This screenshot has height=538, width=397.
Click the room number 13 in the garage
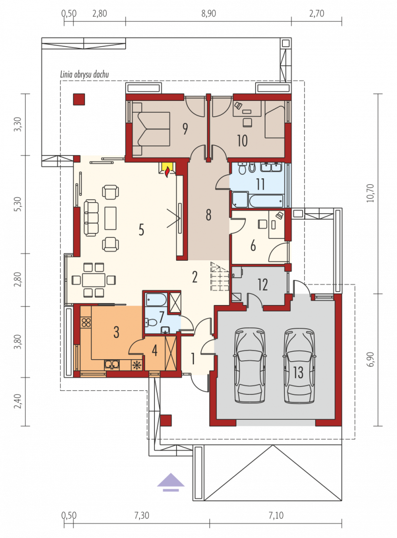coord(298,372)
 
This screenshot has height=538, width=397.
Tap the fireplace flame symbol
coord(167,171)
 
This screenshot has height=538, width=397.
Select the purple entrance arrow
coord(171,482)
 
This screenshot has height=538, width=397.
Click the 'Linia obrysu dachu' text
coord(84,74)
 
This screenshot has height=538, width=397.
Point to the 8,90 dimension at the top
coord(208,14)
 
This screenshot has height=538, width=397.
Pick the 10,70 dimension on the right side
coord(370,193)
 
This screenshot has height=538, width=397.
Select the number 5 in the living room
coord(141,230)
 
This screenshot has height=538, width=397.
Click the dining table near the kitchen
coord(94,280)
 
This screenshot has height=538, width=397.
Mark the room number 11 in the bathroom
coord(260,184)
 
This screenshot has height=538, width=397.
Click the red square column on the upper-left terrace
coord(79,99)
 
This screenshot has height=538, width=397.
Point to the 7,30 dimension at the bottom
coord(141,515)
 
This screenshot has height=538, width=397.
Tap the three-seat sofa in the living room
coord(91,218)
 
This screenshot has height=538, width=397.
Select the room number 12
coord(262,285)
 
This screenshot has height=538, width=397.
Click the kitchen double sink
coord(112,365)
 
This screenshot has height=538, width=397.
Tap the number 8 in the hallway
coord(208,215)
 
